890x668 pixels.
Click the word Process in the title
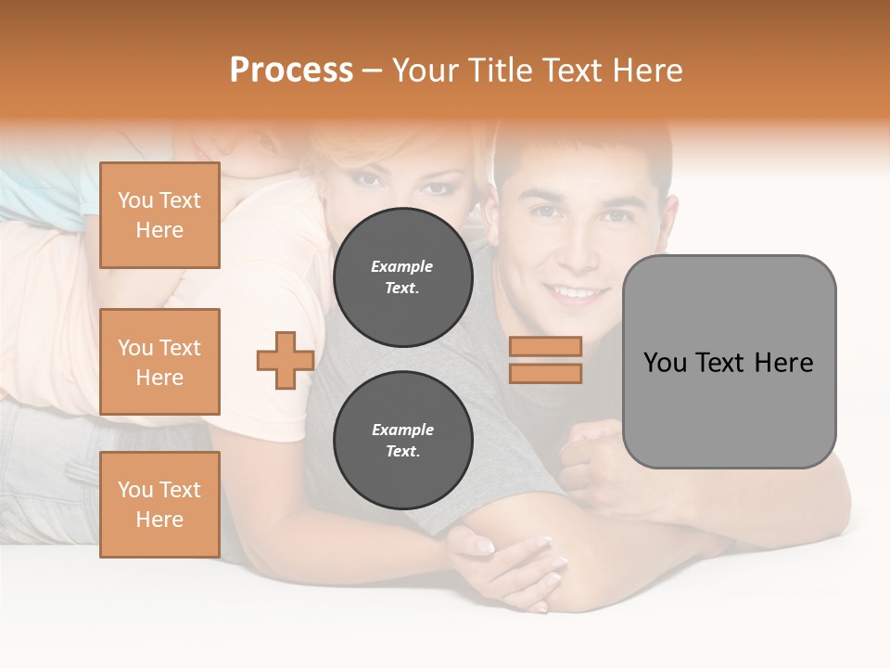291,71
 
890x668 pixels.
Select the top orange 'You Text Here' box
159,215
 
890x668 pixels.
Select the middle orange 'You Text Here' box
159,362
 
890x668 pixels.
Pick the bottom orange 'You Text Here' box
159,505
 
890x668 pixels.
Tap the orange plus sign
286,360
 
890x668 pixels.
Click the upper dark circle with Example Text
402,276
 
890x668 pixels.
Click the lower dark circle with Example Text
402,440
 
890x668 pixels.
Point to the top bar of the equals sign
545,346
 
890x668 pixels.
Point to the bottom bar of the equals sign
545,373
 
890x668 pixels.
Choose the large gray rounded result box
729,362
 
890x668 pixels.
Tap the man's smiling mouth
575,292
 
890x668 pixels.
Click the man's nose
577,250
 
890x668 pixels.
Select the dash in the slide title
372,71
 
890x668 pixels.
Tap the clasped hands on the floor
510,561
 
